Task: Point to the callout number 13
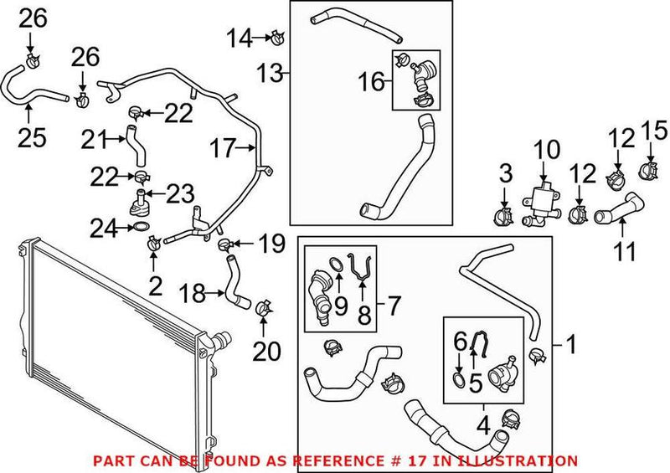pyautogui.click(x=271, y=74)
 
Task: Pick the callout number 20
pyautogui.click(x=267, y=352)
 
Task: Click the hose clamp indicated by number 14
pyautogui.click(x=276, y=37)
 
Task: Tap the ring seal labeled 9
pyautogui.click(x=335, y=266)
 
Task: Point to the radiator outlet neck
pyautogui.click(x=223, y=341)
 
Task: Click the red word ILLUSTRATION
pyautogui.click(x=525, y=460)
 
